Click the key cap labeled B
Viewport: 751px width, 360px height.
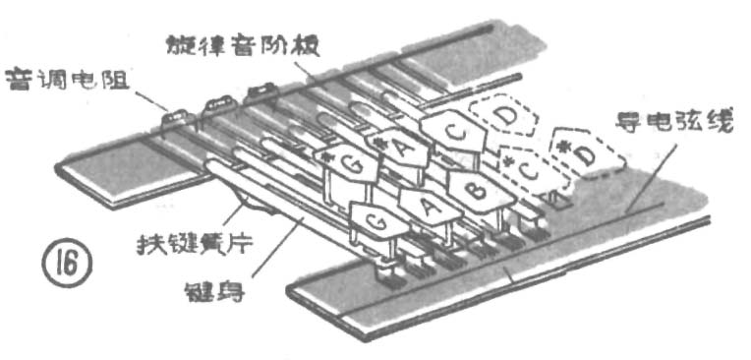pos(476,186)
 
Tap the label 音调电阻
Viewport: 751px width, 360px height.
pos(60,78)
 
